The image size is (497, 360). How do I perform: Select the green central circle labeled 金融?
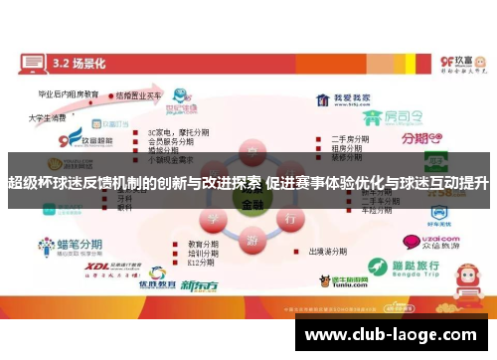pyautogui.click(x=248, y=205)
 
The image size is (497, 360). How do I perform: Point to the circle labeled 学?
pyautogui.click(x=212, y=218)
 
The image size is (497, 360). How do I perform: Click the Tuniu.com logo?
pyautogui.click(x=338, y=281)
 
